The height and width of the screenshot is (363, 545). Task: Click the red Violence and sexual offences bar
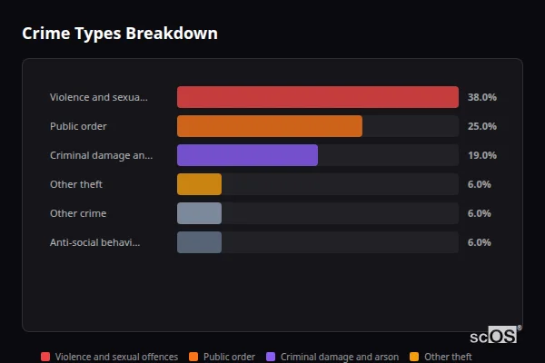(317, 97)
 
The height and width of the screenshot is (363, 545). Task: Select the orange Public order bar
(269, 126)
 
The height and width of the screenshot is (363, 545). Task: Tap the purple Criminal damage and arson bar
(247, 155)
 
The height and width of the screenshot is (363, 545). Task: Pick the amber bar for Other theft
(199, 184)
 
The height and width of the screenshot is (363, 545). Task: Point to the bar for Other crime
(199, 213)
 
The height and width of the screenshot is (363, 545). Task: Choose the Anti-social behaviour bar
(199, 242)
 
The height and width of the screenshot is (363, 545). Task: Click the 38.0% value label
(481, 97)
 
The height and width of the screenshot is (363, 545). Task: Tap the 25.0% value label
(481, 126)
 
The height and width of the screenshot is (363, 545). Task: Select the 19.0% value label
(481, 155)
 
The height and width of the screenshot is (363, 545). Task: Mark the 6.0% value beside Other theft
(479, 184)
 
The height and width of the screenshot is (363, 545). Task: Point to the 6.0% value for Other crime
(479, 213)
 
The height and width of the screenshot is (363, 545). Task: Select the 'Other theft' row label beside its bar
(76, 184)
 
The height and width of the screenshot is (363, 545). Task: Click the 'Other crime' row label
(78, 213)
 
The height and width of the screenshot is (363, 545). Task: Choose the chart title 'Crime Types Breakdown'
(119, 34)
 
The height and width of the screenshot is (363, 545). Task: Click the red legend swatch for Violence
(45, 357)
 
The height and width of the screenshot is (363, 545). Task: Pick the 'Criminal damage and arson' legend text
(339, 357)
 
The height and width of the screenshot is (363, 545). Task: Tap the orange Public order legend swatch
(193, 357)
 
